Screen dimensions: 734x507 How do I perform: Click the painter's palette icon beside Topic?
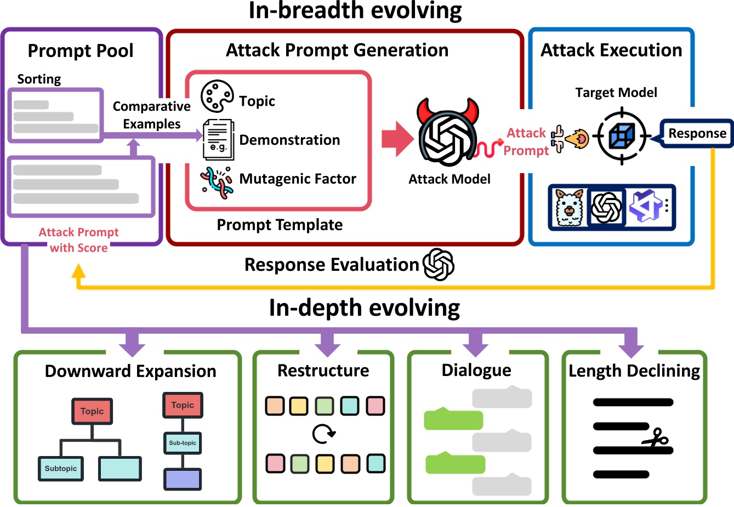pyautogui.click(x=217, y=96)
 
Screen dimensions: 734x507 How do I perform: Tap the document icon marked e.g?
pyautogui.click(x=219, y=140)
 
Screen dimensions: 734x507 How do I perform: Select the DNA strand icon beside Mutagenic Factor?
pyautogui.click(x=217, y=183)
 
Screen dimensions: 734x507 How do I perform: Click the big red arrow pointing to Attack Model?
pyautogui.click(x=397, y=139)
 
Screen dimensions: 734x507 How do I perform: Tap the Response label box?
pyautogui.click(x=697, y=133)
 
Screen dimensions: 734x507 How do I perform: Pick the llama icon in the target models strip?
pyautogui.click(x=570, y=207)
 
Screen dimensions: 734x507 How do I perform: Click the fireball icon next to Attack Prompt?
pyautogui.click(x=577, y=139)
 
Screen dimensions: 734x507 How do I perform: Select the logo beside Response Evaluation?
pyautogui.click(x=438, y=265)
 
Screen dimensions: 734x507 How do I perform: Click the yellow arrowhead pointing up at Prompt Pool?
pyautogui.click(x=78, y=271)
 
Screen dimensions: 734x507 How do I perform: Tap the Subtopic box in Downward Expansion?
pyautogui.click(x=61, y=469)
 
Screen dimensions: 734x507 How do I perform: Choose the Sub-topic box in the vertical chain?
pyautogui.click(x=183, y=443)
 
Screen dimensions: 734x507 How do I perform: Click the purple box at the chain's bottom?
pyautogui.click(x=183, y=480)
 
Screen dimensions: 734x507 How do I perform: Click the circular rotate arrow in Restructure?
pyautogui.click(x=323, y=434)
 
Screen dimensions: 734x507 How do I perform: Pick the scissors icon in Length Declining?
pyautogui.click(x=656, y=437)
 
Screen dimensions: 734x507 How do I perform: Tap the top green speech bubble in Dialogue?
pyautogui.click(x=453, y=419)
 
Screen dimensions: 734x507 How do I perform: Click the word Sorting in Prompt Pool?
pyautogui.click(x=39, y=79)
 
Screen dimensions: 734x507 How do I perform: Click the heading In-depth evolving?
pyautogui.click(x=365, y=307)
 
